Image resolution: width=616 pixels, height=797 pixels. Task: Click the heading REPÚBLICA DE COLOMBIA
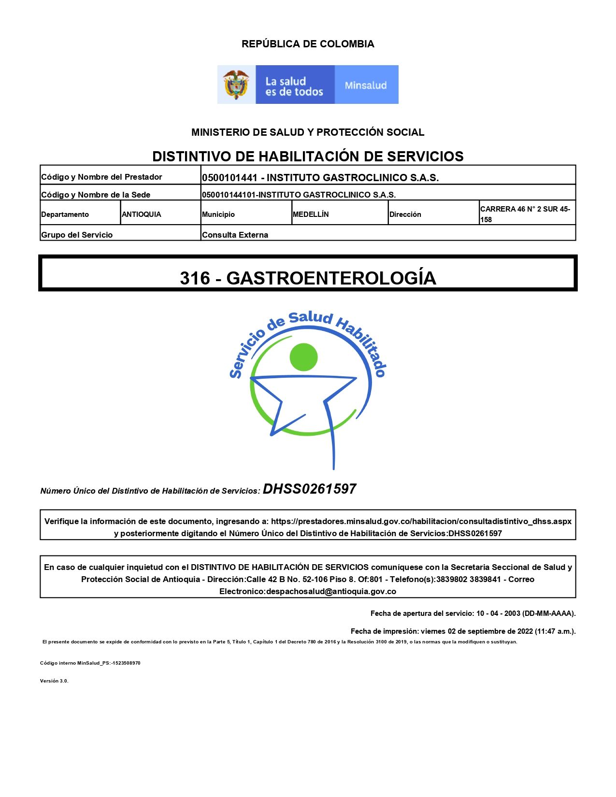pyautogui.click(x=308, y=44)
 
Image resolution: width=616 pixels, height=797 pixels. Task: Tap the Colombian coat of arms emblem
pyautogui.click(x=236, y=85)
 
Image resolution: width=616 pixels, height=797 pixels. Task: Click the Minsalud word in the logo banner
pyautogui.click(x=366, y=85)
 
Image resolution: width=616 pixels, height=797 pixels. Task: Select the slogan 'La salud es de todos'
pyautogui.click(x=294, y=86)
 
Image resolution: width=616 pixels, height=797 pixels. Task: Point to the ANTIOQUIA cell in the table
pyautogui.click(x=142, y=214)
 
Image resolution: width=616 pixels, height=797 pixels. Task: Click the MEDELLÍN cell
pyautogui.click(x=311, y=214)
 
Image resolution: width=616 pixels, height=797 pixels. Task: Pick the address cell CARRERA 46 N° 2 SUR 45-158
pyautogui.click(x=525, y=214)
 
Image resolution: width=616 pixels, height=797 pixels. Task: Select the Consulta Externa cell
pyautogui.click(x=235, y=235)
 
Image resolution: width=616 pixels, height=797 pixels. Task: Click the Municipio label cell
pyautogui.click(x=218, y=214)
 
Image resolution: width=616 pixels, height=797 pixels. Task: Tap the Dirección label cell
pyautogui.click(x=405, y=214)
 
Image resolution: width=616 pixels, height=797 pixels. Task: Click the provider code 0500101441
pyautogui.click(x=229, y=178)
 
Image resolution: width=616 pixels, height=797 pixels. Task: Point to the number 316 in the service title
pyautogui.click(x=195, y=278)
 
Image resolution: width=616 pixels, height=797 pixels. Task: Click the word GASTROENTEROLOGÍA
pyautogui.click(x=331, y=278)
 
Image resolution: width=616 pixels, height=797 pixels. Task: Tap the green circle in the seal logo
pyautogui.click(x=303, y=357)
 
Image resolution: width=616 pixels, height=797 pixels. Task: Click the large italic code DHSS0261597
pyautogui.click(x=309, y=489)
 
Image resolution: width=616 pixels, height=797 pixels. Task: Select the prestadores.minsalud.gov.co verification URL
pyautogui.click(x=421, y=522)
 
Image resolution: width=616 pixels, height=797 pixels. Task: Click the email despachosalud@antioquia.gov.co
pyautogui.click(x=331, y=591)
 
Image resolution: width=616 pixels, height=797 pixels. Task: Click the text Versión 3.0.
pyautogui.click(x=54, y=681)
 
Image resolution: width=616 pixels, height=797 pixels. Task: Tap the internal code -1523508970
pyautogui.click(x=126, y=663)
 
